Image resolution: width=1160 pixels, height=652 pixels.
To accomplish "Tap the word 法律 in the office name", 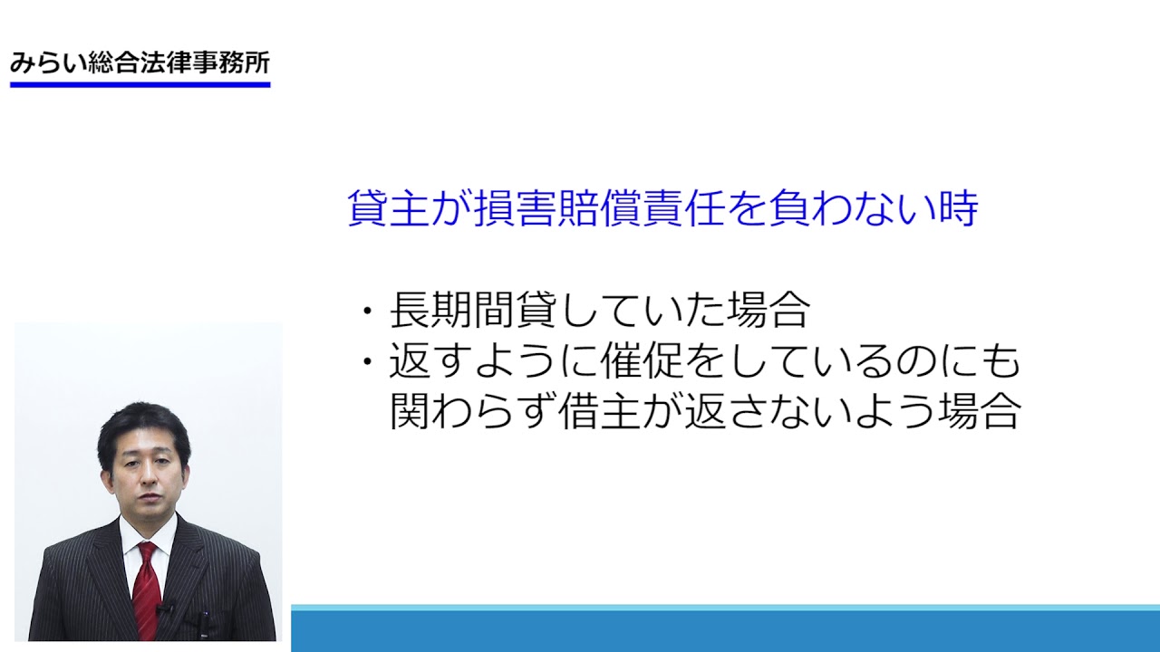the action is (166, 63).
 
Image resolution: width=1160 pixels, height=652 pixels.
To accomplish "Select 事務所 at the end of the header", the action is (231, 63).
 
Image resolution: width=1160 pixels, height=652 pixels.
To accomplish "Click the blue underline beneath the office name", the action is (140, 84).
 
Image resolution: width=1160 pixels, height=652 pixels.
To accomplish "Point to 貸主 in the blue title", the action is (389, 208).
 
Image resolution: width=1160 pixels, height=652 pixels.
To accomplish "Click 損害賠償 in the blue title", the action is (557, 208).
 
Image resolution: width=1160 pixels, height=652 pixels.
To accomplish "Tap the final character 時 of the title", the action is (958, 208).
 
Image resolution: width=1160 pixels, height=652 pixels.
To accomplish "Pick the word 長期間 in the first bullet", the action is (452, 310).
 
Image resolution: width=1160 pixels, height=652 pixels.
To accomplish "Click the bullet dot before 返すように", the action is (367, 361).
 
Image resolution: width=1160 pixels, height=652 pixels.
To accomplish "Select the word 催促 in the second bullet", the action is (643, 360).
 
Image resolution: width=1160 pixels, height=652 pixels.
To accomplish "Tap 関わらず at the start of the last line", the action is (473, 411).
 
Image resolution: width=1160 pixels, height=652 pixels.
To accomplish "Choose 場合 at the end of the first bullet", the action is (768, 310).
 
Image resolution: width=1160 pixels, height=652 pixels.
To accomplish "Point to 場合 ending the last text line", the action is (979, 411).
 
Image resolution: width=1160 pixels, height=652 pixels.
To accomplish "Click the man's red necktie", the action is (147, 590).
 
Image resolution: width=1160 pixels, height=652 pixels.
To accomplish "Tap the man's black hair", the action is (143, 429).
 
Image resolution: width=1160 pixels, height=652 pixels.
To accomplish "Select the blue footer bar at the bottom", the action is (725, 628).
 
